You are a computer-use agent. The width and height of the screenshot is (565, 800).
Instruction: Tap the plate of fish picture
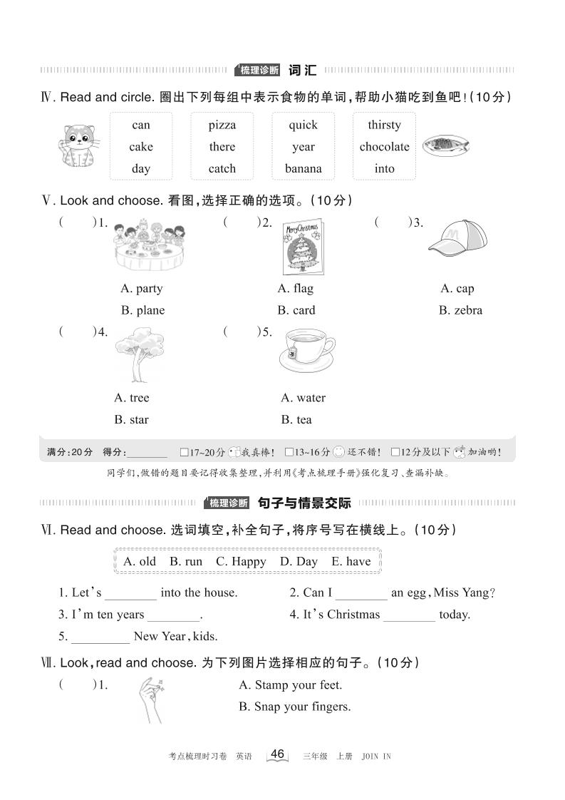pos(445,146)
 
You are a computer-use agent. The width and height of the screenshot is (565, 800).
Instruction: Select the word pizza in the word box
pos(222,125)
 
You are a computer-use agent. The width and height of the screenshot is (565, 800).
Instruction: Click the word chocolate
pos(384,147)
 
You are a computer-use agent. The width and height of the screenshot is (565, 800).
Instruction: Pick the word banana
pos(303,169)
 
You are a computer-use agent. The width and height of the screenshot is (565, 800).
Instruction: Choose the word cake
pos(141,147)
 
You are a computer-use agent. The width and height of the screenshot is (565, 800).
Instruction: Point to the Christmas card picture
pos(303,247)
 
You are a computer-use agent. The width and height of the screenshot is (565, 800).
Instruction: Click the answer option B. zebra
pos(460,310)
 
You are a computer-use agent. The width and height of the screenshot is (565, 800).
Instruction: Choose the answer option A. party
pos(142,289)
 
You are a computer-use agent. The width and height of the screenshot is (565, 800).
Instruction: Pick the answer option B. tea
pos(296,420)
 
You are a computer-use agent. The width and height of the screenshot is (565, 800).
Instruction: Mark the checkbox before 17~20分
pos(185,452)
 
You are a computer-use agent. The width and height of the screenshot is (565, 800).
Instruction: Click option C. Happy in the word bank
pos(241,562)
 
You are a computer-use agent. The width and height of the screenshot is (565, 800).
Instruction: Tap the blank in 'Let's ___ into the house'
pos(130,593)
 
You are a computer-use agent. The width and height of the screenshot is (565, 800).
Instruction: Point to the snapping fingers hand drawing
pos(150,699)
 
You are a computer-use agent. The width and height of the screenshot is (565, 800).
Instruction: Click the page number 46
pos(278,754)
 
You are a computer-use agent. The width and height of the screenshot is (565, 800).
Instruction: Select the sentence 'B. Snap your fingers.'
pos(294,707)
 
